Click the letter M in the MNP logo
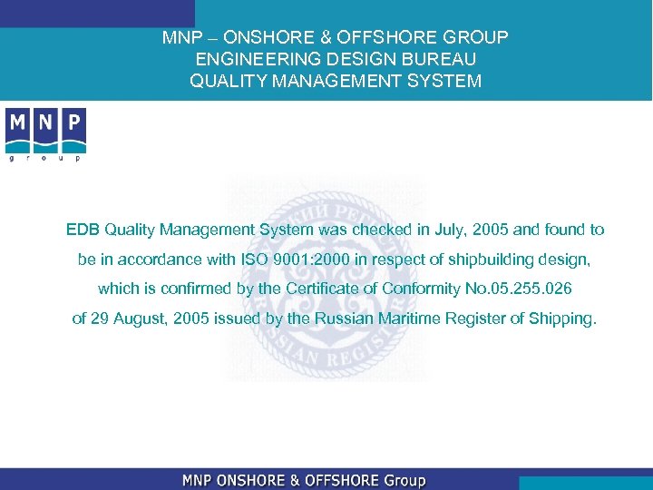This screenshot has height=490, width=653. click(x=17, y=122)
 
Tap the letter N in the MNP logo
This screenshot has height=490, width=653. click(x=45, y=122)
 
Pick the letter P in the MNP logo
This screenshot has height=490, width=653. click(x=73, y=122)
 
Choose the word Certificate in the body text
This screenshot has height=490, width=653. click(x=328, y=289)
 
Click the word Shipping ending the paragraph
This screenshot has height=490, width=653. click(x=566, y=318)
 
